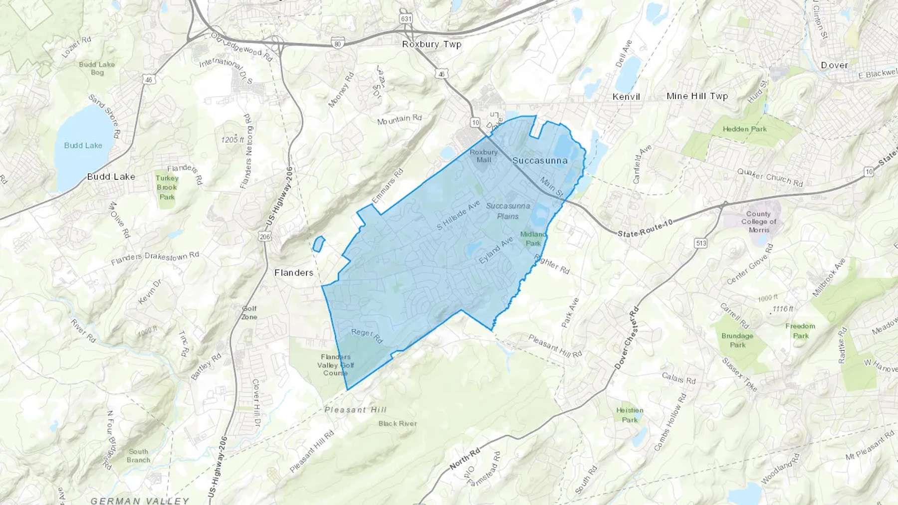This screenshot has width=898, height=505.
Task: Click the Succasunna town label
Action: point(540,161)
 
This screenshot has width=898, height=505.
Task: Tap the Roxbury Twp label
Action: point(432,44)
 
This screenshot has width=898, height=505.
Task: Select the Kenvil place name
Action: point(626,97)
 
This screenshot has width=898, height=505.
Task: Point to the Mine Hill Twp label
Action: point(697,96)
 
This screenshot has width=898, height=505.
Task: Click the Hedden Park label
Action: point(744,129)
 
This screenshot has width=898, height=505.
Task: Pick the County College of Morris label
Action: point(758,222)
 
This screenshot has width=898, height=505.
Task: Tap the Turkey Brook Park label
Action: point(167,187)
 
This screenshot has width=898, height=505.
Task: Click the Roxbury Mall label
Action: point(483,156)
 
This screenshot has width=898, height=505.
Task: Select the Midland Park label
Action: point(533,238)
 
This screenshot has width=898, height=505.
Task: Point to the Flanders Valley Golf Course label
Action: point(335,365)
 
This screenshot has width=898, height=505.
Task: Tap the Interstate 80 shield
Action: point(338,44)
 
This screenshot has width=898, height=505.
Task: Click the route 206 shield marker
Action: point(264,237)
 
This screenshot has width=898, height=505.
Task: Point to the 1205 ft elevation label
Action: point(232,140)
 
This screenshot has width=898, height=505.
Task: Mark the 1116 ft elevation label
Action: point(782,309)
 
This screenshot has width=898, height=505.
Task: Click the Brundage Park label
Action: point(737,340)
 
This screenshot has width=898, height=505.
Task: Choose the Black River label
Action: point(398,424)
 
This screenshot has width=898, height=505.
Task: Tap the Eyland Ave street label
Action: point(496,251)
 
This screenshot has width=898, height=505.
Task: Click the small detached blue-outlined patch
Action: point(318,244)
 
